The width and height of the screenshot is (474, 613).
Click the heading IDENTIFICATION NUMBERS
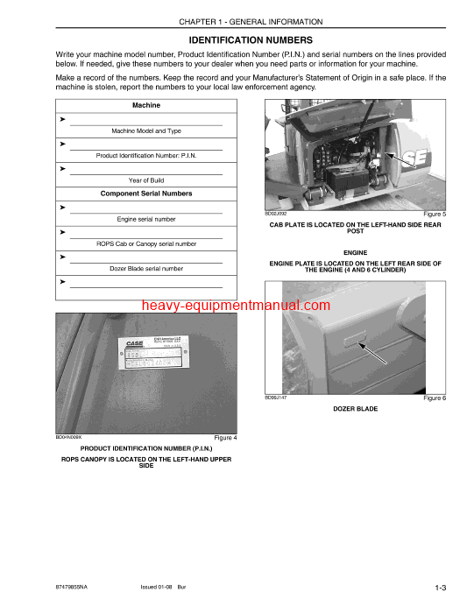click(250, 40)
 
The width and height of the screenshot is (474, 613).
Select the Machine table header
click(145, 105)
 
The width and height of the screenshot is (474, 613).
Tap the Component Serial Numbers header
click(145, 194)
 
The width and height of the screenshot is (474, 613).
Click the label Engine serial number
click(145, 219)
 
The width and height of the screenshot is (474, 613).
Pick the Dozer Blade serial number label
click(145, 269)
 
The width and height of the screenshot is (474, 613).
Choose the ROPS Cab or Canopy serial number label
click(145, 243)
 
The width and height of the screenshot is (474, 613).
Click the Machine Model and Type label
click(145, 130)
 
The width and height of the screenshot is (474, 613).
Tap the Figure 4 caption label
click(225, 438)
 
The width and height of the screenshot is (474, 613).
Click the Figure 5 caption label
click(435, 214)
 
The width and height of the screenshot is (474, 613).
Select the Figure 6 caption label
click(435, 398)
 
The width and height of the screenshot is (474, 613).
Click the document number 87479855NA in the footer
click(77, 586)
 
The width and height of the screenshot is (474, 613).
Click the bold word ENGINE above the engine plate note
click(355, 252)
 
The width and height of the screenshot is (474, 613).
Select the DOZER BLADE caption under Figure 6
click(355, 409)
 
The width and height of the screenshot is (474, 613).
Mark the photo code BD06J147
click(277, 398)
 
